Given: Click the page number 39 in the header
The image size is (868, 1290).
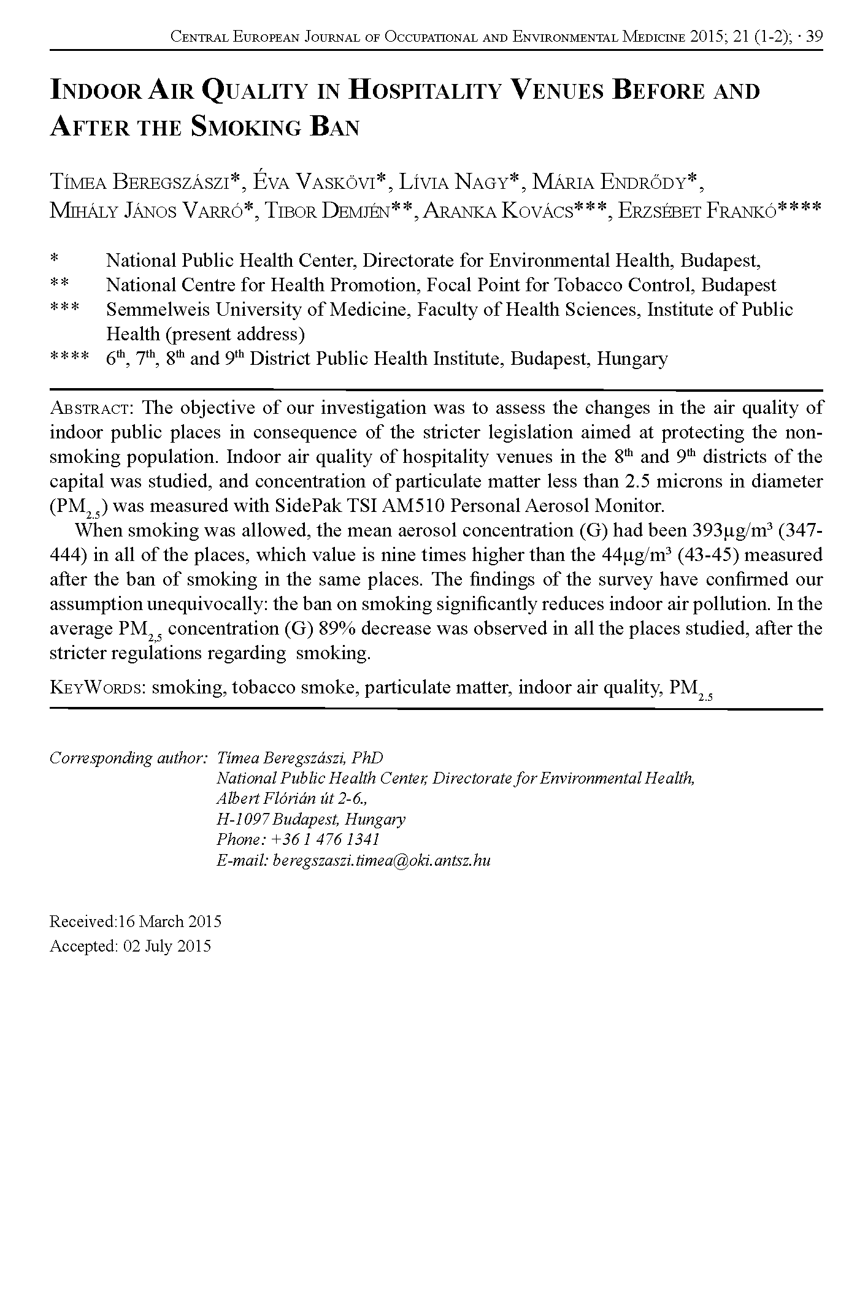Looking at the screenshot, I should point(813,37).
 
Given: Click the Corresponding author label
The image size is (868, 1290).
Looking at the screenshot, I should point(128,758).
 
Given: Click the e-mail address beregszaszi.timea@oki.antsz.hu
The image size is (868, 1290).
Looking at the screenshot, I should point(381,860).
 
